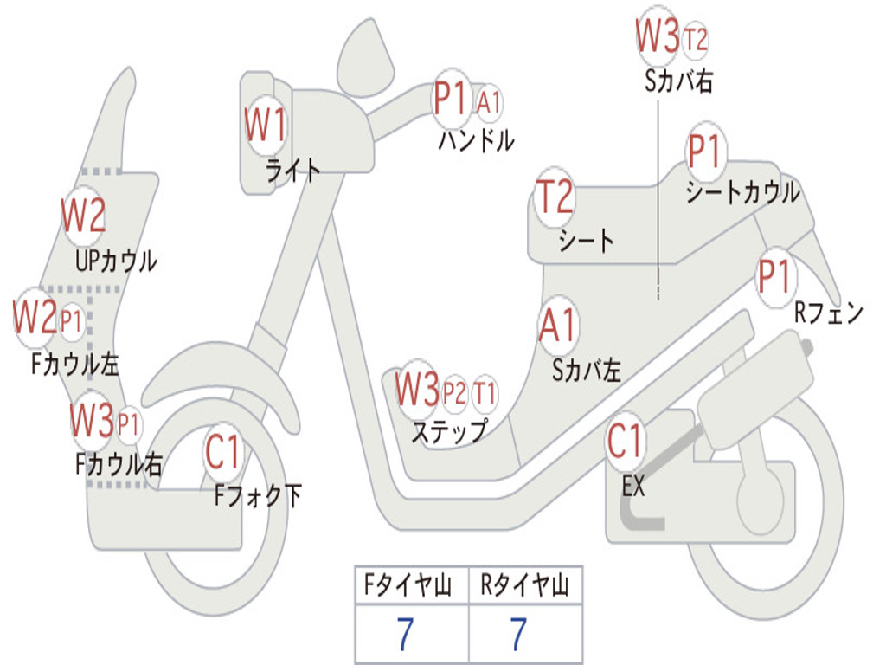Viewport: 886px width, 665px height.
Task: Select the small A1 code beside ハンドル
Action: (489, 102)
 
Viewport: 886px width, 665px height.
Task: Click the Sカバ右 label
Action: (679, 81)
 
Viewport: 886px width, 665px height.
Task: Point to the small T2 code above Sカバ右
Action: (695, 39)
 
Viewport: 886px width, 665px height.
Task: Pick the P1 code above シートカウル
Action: (705, 153)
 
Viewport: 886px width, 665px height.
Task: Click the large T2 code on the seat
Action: (555, 197)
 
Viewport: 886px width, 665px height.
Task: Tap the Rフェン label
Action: (828, 313)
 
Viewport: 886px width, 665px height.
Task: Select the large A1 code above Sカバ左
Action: (557, 326)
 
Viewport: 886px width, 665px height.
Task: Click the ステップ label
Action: (448, 430)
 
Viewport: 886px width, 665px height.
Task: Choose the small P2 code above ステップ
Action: (454, 394)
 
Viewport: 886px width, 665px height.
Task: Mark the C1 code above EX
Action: (625, 442)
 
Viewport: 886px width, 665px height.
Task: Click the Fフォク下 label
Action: (258, 495)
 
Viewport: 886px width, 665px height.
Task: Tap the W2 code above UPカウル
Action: (84, 216)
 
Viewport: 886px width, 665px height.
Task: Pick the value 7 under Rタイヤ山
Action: (517, 635)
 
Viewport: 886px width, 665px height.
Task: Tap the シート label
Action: (586, 240)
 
